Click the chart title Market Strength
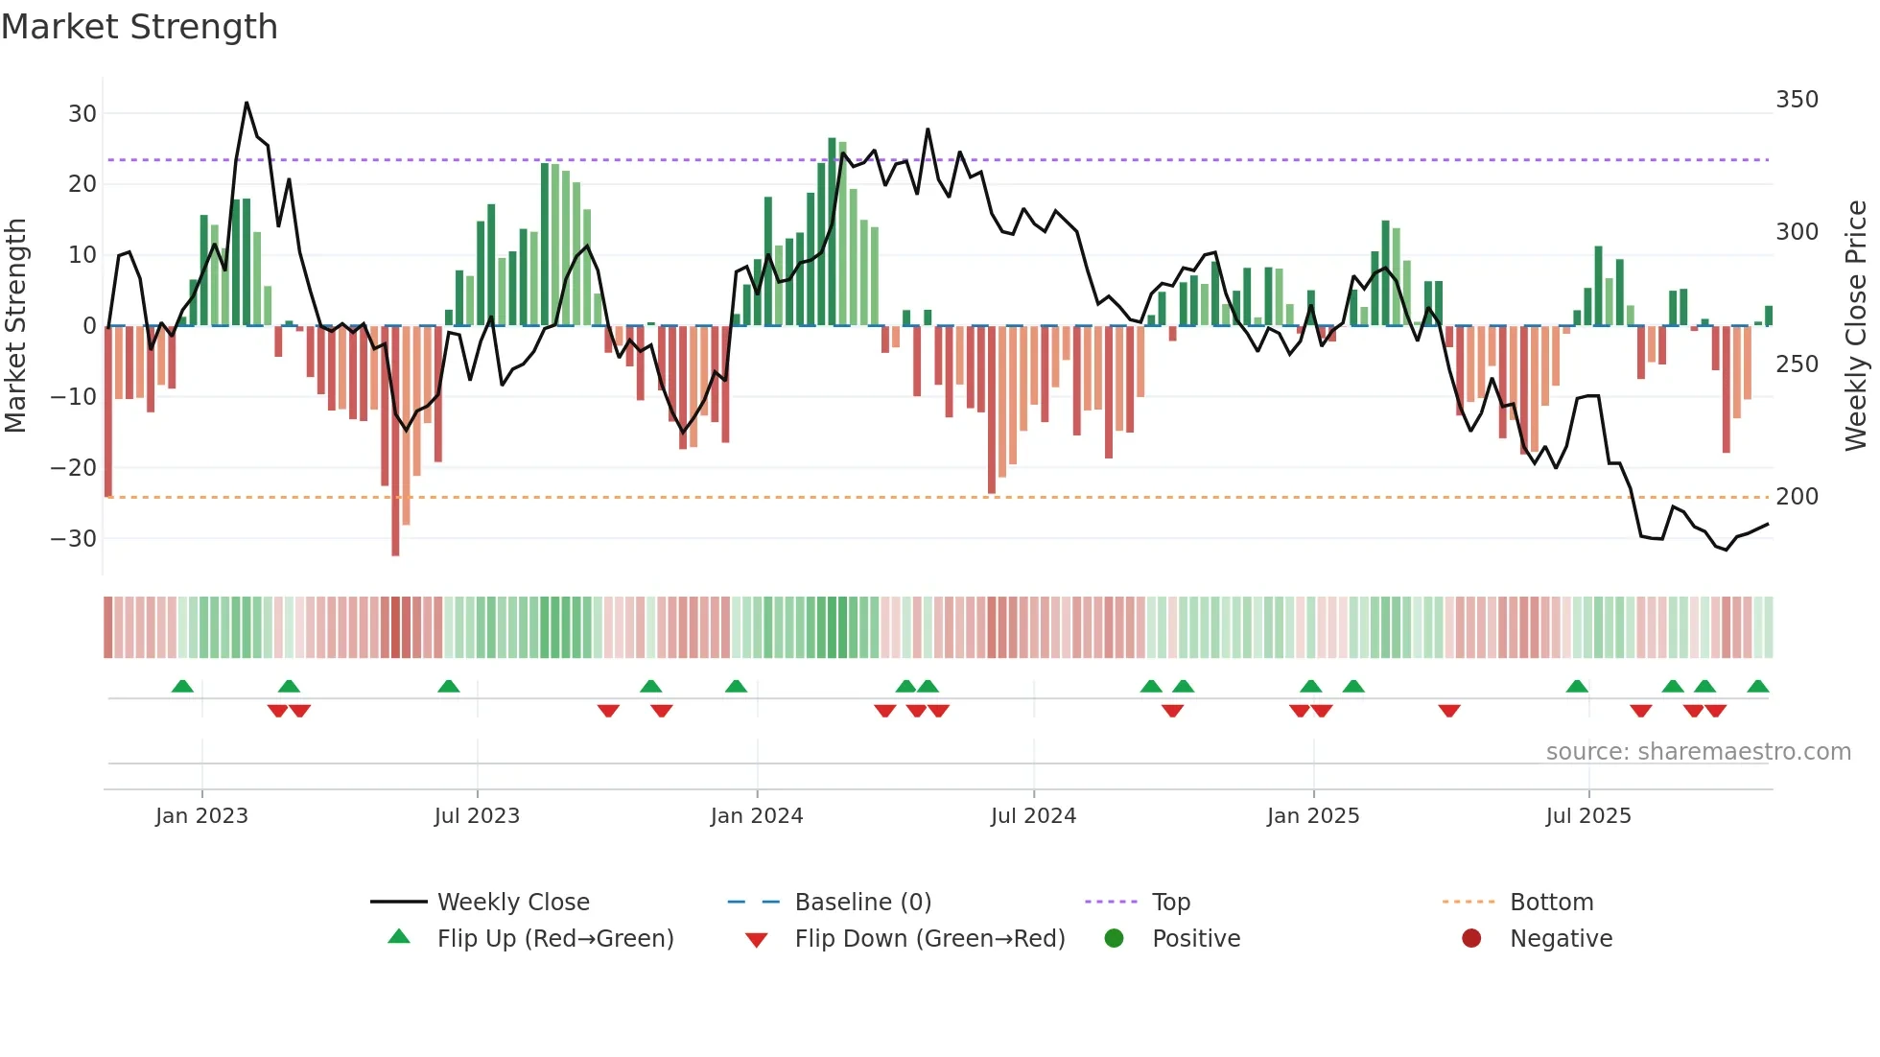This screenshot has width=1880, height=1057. point(139,27)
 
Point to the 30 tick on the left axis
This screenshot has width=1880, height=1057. point(82,114)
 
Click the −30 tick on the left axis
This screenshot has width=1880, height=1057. point(75,539)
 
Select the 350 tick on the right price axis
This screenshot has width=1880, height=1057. point(1797,100)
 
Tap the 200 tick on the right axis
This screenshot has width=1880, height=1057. point(1797,497)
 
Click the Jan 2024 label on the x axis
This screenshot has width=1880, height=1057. point(756,816)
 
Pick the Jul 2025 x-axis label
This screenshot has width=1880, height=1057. point(1587,816)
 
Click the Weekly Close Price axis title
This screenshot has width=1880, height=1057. point(1856,326)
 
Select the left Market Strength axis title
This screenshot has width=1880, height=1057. point(15,326)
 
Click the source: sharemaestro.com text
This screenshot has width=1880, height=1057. point(1698,752)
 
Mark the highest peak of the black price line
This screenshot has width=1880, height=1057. point(247,103)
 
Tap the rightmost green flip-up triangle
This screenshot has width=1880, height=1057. point(1757,687)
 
